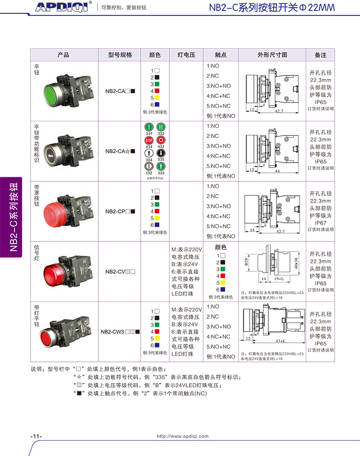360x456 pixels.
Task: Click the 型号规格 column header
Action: coord(120,55)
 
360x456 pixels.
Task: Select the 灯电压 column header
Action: coord(186,55)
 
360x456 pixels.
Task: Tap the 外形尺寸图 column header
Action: coord(272,55)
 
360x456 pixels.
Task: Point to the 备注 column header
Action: coord(320,55)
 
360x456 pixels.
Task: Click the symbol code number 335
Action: coord(161,159)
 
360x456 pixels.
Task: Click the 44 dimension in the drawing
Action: coord(277,170)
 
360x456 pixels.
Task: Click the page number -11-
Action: coord(36,436)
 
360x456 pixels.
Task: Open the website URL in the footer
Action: coord(183,436)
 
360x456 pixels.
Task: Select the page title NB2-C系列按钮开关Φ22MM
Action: coord(272,8)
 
